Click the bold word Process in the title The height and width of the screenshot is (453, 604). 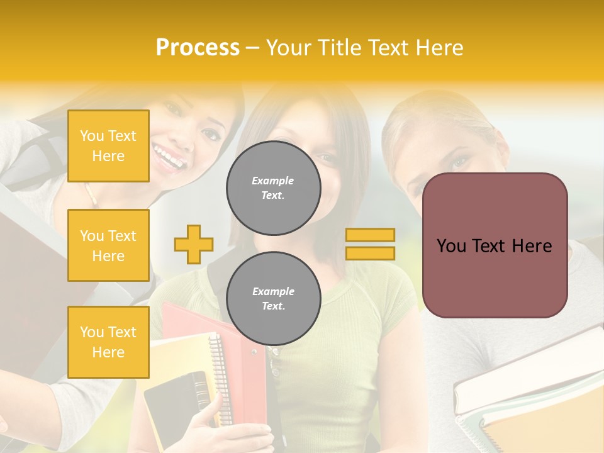[198, 47]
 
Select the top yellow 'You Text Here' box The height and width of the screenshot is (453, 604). [108, 146]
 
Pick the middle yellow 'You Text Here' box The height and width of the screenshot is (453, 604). [108, 245]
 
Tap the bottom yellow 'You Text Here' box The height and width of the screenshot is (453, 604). [108, 342]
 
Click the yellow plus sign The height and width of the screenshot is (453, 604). [194, 244]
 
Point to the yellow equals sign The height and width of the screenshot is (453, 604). [370, 244]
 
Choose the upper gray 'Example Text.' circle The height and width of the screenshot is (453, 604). [273, 187]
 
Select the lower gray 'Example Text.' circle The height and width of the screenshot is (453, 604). [273, 298]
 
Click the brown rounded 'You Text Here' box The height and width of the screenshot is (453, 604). [495, 245]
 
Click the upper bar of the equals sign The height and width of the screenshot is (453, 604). [370, 235]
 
